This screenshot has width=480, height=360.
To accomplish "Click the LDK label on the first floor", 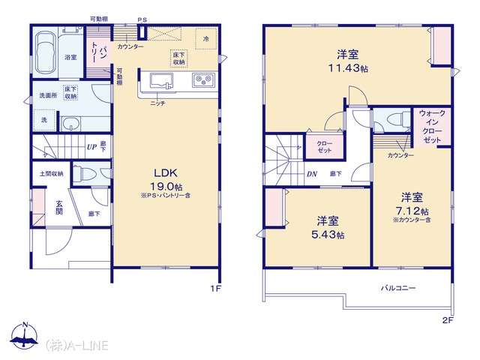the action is click(x=166, y=173).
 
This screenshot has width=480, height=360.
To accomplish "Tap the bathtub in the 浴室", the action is click(x=46, y=52).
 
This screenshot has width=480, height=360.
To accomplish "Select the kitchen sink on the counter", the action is click(x=161, y=81).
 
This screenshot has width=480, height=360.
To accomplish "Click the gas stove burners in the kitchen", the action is click(x=203, y=80).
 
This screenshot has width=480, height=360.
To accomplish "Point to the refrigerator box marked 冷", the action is click(x=206, y=39).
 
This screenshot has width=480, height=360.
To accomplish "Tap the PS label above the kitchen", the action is click(x=142, y=20).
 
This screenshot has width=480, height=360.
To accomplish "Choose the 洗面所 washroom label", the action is click(x=48, y=95).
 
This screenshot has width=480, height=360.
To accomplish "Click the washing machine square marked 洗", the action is click(x=44, y=120).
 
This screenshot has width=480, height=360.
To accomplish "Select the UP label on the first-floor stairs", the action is click(x=91, y=147).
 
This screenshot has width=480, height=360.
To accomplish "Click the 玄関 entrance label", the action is click(x=59, y=207).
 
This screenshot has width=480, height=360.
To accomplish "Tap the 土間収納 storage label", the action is click(x=52, y=174).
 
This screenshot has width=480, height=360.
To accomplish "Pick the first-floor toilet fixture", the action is click(x=85, y=174).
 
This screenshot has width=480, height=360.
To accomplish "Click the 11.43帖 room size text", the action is click(x=348, y=68).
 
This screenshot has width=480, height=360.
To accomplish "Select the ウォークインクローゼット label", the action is click(x=432, y=127).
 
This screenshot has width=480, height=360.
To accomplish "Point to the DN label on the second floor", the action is click(x=312, y=174).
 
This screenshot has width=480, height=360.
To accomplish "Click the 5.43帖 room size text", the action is click(x=328, y=235).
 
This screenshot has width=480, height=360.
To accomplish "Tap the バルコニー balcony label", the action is click(x=398, y=288).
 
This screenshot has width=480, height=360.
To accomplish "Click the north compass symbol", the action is click(x=24, y=336).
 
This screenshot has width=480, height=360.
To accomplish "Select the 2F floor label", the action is click(x=448, y=320).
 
